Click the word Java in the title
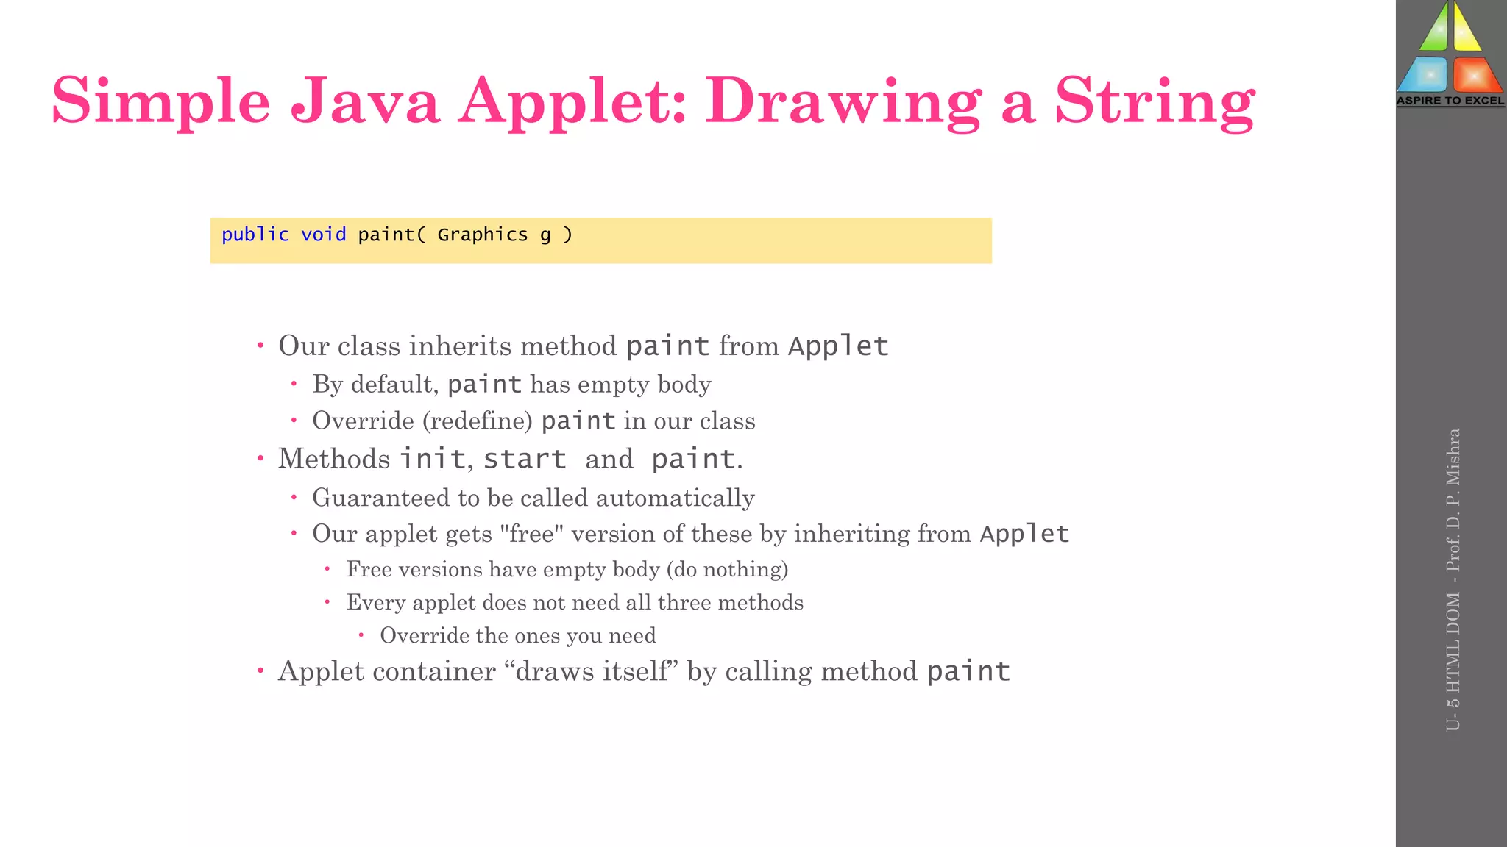365,101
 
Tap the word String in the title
1155,101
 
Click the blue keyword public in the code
255,235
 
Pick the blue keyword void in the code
323,235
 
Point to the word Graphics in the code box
482,235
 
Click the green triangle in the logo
1433,29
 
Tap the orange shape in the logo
1475,75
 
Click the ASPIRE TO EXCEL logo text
1450,101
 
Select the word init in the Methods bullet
432,459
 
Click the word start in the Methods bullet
524,459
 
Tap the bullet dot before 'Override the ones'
361,635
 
